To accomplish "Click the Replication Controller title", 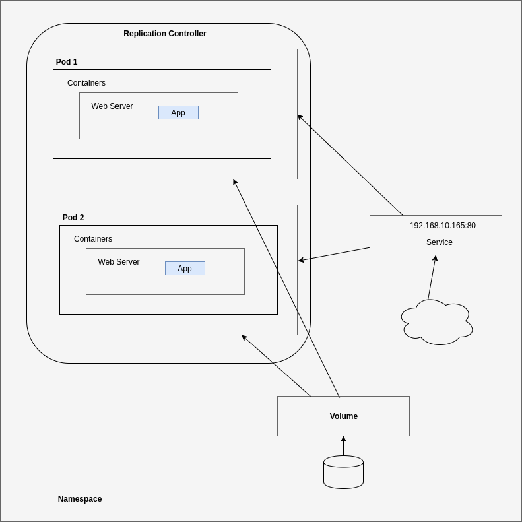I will point(165,34).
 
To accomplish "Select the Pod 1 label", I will point(67,62).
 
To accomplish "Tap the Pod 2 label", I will point(73,218).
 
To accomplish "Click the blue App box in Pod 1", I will point(178,113).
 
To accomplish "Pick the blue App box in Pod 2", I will point(185,269).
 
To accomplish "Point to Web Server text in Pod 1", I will point(112,106).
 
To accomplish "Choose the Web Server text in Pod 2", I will point(119,262).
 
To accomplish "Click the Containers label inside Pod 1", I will point(86,83).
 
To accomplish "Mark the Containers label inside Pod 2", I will point(93,239).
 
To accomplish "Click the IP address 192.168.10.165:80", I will point(442,226).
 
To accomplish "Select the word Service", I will point(440,242).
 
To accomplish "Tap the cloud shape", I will point(437,323).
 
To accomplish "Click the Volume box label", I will point(344,416).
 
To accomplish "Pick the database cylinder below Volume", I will point(343,472).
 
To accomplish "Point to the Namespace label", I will point(80,499).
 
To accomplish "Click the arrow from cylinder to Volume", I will point(343,445).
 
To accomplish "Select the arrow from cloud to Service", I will point(432,278).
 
